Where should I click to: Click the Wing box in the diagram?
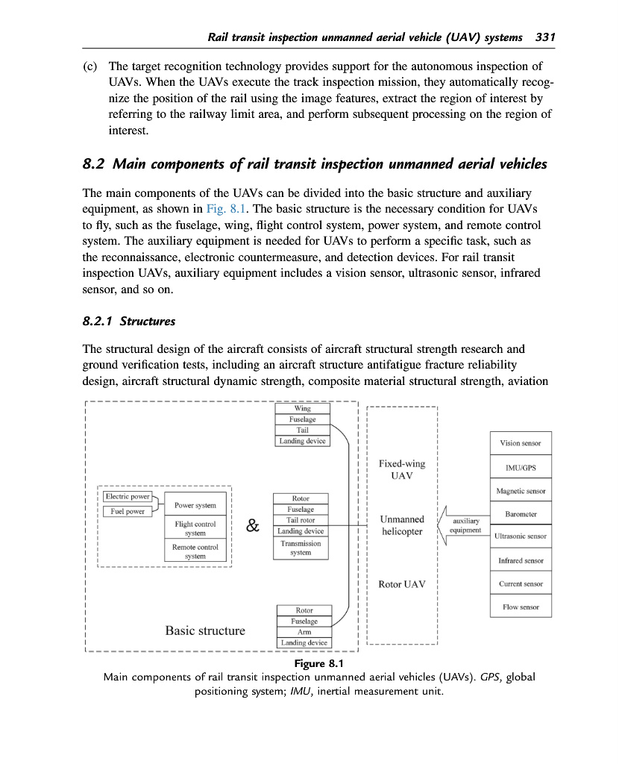tap(302, 409)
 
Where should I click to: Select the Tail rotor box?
tap(301, 520)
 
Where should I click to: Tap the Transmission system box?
tap(301, 548)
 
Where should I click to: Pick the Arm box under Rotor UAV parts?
tap(304, 632)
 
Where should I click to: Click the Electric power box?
tap(128, 496)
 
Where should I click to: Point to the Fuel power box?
tap(128, 511)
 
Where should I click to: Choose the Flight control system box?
tap(195, 528)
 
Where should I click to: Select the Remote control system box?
tap(195, 551)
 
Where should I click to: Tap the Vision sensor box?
tap(521, 443)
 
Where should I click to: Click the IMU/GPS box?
tap(521, 468)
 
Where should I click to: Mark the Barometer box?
tap(521, 514)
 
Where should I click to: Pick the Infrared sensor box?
tap(521, 560)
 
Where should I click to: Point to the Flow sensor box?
tap(521, 607)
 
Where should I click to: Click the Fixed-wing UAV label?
tap(401, 469)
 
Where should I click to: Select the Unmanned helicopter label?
tap(401, 525)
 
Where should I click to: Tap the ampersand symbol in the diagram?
tap(253, 526)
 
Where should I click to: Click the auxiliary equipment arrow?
tap(462, 525)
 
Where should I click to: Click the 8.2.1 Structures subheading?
tap(129, 322)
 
